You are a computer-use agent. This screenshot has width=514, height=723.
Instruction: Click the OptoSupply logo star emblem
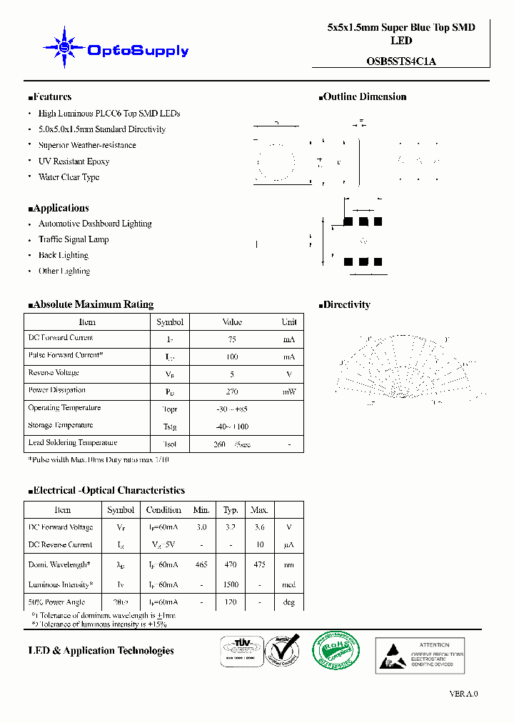tap(64, 48)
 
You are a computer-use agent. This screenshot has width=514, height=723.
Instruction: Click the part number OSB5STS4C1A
tap(400, 61)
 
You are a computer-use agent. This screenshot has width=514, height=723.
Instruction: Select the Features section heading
tap(50, 97)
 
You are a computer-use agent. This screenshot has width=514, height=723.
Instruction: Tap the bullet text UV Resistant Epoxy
tap(74, 161)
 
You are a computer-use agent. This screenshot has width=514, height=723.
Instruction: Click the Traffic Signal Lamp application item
tap(74, 239)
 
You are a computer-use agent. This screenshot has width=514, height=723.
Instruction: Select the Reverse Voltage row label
tap(54, 373)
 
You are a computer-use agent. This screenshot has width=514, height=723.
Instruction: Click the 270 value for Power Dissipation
tap(232, 392)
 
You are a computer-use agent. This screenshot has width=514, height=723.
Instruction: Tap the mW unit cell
tap(288, 392)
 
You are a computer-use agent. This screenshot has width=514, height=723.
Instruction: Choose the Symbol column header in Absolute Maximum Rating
tap(170, 322)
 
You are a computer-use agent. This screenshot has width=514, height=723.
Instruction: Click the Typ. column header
tap(231, 510)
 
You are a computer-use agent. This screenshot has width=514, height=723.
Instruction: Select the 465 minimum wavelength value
tap(201, 564)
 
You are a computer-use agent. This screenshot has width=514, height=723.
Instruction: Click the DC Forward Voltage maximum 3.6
tap(259, 527)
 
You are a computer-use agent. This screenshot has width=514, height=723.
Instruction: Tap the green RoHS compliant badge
tap(336, 650)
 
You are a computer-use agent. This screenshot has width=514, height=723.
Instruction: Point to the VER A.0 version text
tap(463, 694)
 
